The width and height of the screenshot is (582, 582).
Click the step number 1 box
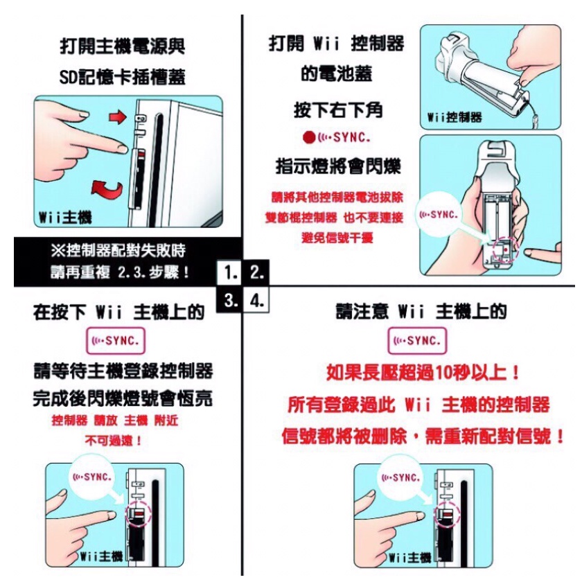[x=231, y=273]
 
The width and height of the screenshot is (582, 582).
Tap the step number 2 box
[x=256, y=272]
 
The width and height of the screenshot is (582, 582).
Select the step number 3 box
[x=230, y=299]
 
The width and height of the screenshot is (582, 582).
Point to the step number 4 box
[x=256, y=299]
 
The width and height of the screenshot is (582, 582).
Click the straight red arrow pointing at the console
[x=118, y=117]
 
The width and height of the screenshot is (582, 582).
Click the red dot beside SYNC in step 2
[x=309, y=138]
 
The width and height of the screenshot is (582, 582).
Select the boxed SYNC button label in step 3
[x=116, y=340]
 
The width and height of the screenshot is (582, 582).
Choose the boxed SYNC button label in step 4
[x=417, y=340]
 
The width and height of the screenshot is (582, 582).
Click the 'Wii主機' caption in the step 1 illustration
[x=65, y=217]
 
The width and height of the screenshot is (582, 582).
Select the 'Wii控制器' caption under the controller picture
[x=455, y=117]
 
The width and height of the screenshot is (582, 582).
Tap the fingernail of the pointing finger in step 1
[x=123, y=149]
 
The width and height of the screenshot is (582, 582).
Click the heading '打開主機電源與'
[x=123, y=46]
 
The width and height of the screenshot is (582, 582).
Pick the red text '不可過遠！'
[x=114, y=441]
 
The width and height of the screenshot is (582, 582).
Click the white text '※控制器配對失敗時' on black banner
[x=118, y=251]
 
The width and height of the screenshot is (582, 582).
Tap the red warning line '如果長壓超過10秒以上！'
[x=423, y=373]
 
